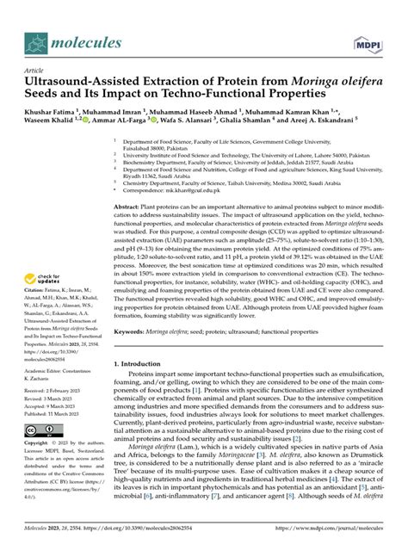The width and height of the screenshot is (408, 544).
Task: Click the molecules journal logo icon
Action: tap(36, 42)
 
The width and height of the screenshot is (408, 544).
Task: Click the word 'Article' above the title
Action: tap(34, 71)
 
